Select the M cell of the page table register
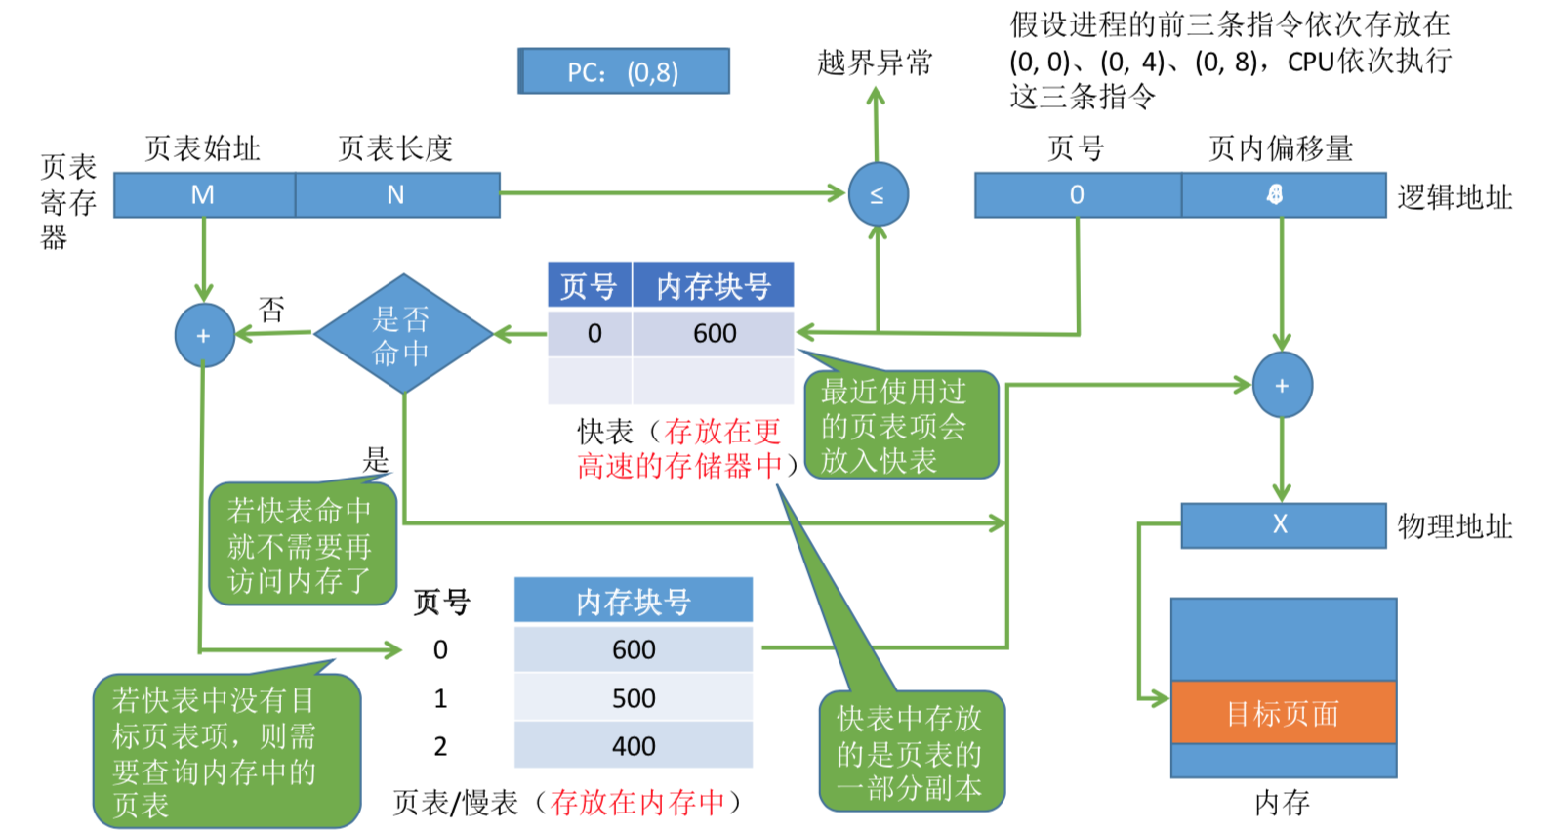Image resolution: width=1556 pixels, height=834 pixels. (203, 195)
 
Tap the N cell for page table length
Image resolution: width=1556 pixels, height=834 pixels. (396, 195)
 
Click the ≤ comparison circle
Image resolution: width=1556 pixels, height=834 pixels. (878, 195)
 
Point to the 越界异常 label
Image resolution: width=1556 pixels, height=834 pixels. (875, 63)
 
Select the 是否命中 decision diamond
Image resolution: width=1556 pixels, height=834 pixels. (402, 334)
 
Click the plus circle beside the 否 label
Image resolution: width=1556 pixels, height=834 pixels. (204, 335)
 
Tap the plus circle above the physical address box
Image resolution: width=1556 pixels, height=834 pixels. (1282, 386)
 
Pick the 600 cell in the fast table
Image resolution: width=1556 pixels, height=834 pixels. (714, 334)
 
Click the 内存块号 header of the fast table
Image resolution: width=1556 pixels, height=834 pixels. (713, 286)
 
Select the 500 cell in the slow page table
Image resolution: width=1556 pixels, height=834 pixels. (634, 698)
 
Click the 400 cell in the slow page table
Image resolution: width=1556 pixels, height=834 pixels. (634, 746)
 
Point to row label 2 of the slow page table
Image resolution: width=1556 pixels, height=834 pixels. (440, 746)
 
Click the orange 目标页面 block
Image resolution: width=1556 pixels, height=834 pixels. (1283, 713)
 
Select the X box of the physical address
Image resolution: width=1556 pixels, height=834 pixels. (1282, 525)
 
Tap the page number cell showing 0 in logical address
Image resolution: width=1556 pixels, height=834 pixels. (1077, 195)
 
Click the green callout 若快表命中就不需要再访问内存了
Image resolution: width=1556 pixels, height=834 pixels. (301, 545)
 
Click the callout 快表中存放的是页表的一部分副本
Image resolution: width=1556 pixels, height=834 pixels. (911, 753)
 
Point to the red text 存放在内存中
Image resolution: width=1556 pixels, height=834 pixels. (637, 803)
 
